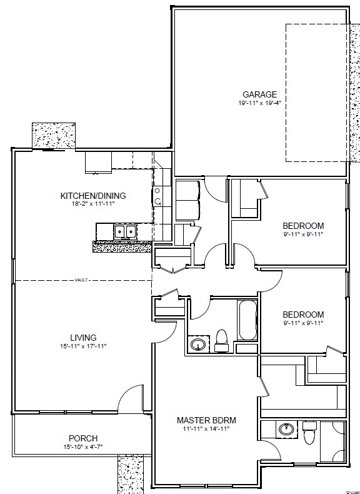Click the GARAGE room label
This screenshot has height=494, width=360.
click(x=259, y=94)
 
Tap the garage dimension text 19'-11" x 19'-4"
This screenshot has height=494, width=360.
click(x=259, y=103)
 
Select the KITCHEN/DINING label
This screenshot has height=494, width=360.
click(x=93, y=196)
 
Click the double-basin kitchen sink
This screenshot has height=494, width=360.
click(x=126, y=231)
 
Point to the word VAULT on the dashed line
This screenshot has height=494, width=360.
click(x=81, y=280)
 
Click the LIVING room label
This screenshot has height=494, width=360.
click(x=83, y=338)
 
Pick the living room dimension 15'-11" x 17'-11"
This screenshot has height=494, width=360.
click(x=83, y=346)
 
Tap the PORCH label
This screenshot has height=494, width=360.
click(x=83, y=438)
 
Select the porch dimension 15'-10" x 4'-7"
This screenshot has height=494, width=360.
click(x=83, y=446)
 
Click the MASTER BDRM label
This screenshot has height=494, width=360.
click(x=206, y=420)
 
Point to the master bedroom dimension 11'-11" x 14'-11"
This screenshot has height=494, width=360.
click(x=206, y=428)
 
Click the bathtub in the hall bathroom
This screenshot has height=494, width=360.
click(x=247, y=320)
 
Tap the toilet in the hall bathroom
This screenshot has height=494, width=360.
click(x=221, y=341)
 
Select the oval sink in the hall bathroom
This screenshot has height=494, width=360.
click(x=198, y=344)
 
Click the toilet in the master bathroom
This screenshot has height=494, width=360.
click(x=309, y=432)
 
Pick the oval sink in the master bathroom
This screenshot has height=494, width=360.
click(x=286, y=429)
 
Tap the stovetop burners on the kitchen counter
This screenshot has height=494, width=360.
click(x=157, y=196)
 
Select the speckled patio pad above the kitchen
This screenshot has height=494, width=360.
click(x=54, y=136)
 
